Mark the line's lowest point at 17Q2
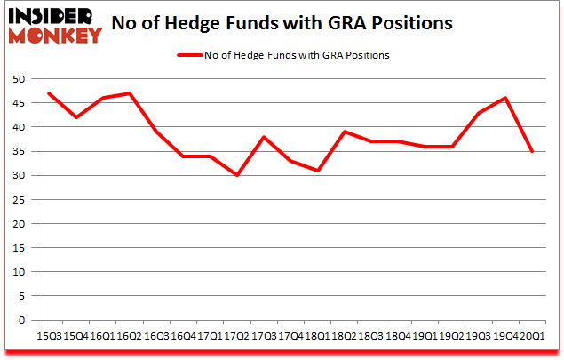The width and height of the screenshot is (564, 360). pos(235,175)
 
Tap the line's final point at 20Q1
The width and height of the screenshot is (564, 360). pos(532,151)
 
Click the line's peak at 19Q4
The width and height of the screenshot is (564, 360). pos(505,98)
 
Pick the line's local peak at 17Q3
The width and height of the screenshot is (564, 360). pos(263,137)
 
